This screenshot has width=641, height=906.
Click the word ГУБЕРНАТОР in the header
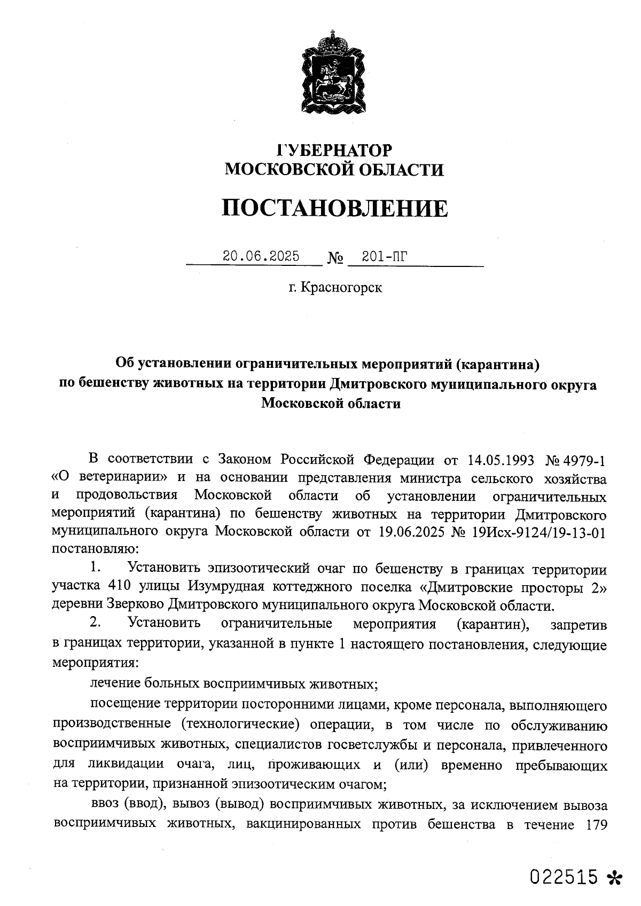click(334, 150)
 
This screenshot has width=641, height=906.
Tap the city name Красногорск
click(341, 288)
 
